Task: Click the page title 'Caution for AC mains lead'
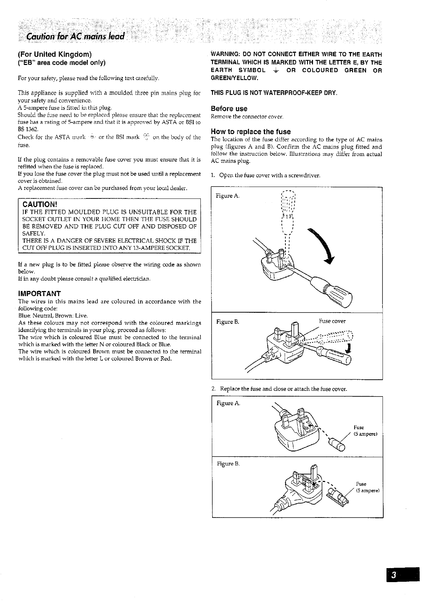click(75, 36)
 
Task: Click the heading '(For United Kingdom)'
click(55, 55)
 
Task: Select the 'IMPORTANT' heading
click(39, 293)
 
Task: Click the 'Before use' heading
click(229, 109)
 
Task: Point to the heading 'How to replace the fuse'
click(251, 132)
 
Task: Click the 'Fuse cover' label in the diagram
click(332, 321)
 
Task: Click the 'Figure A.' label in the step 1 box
click(228, 196)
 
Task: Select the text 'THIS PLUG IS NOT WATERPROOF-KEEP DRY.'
click(274, 93)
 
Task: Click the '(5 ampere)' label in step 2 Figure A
click(365, 434)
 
